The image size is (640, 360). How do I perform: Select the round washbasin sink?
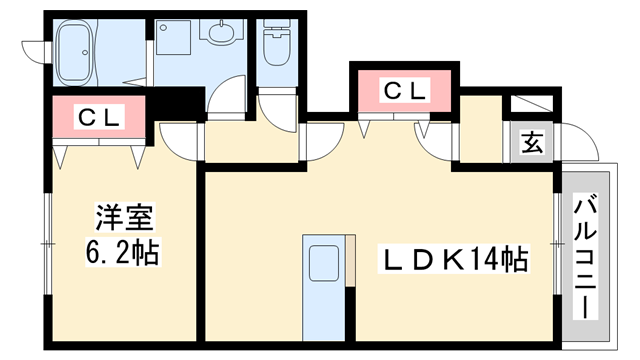219,33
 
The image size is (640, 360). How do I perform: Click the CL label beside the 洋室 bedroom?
99,117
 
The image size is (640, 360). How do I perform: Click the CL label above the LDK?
404,91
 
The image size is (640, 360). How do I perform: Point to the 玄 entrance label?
531,142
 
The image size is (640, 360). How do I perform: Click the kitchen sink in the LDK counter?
322,264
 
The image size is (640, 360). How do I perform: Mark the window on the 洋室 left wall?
47,243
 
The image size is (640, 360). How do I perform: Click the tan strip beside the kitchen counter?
351,264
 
